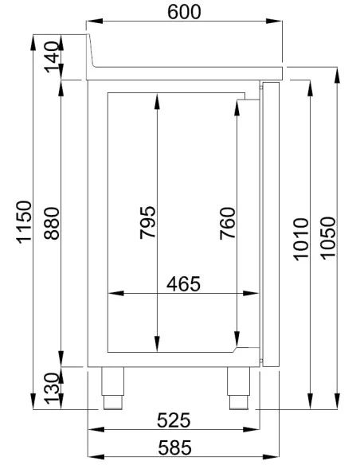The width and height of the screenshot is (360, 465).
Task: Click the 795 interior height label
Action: pyautogui.click(x=148, y=225)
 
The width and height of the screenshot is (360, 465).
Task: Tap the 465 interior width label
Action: pyautogui.click(x=184, y=283)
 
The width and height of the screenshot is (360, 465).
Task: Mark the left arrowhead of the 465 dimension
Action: pyautogui.click(x=112, y=294)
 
